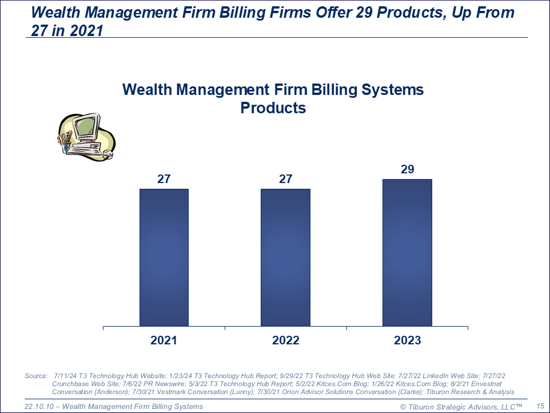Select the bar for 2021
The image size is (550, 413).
point(164,257)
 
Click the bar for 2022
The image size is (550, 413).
point(285,257)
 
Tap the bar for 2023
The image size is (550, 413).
point(407,253)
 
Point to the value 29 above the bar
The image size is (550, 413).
point(407,169)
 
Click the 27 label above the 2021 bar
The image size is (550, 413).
point(164,179)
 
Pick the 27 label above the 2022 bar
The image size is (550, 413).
point(285,179)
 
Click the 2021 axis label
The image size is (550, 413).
point(164,340)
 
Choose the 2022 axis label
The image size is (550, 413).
point(285,340)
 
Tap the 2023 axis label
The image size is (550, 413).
point(407,340)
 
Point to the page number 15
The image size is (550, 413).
point(539,406)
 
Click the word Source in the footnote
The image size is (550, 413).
point(36,376)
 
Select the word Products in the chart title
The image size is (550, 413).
point(273,108)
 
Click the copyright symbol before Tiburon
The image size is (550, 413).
point(403,406)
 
